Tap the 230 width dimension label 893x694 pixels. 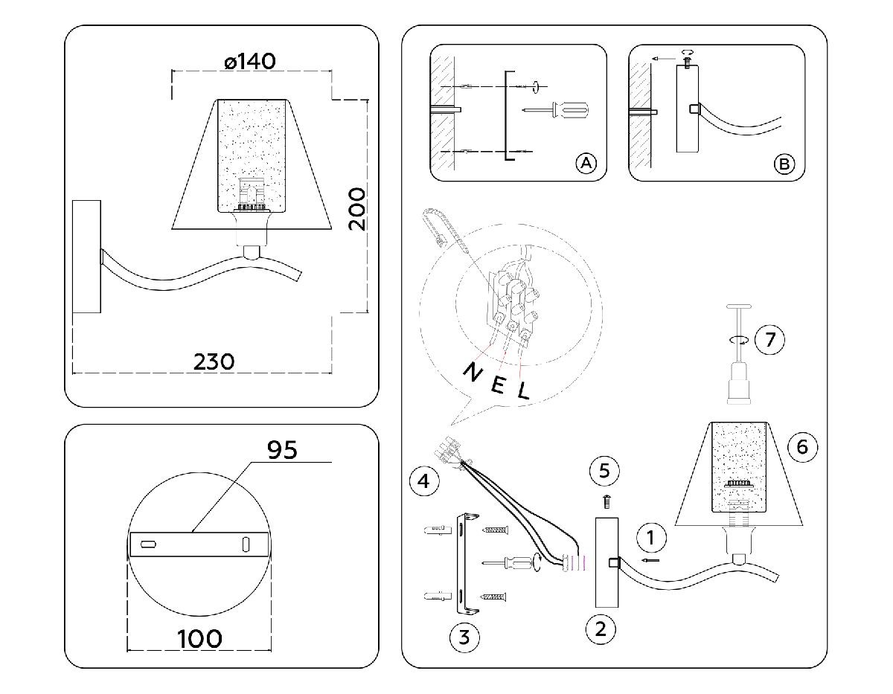pos(214,362)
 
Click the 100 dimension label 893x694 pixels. pos(199,638)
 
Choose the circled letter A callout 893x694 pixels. pos(586,163)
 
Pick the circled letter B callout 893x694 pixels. pos(784,163)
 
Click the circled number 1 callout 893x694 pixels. pos(651,536)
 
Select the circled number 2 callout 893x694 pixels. pos(601,629)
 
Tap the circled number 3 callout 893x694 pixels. pos(464,637)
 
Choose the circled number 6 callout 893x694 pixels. pos(801,446)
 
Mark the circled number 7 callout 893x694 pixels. pos(769,340)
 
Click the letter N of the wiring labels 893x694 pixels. pos(471,372)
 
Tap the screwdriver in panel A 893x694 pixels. pos(557,111)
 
